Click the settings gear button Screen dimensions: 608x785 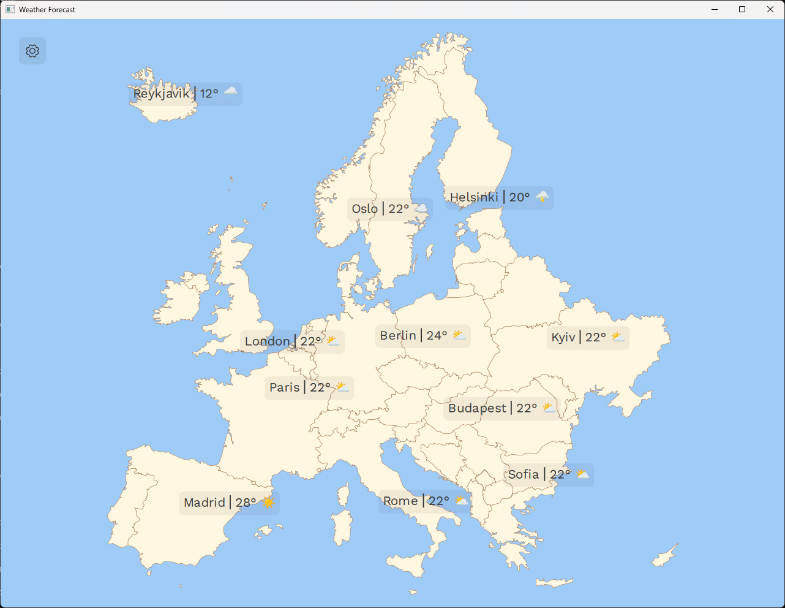click(x=32, y=51)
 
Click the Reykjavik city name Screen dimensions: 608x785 click(x=162, y=94)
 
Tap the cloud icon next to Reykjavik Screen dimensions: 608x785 click(x=230, y=92)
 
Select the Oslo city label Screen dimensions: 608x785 click(x=365, y=209)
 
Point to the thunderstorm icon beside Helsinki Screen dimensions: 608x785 click(x=543, y=197)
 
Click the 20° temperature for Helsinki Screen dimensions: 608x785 click(x=519, y=197)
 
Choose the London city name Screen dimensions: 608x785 click(x=268, y=341)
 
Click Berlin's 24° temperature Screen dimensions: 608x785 click(x=437, y=336)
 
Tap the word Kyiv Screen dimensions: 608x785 click(x=563, y=337)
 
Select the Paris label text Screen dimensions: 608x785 click(x=285, y=387)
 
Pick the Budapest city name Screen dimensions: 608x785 click(x=478, y=408)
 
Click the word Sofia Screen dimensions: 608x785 click(x=524, y=474)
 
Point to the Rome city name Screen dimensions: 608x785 click(x=400, y=501)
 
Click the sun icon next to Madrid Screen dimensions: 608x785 click(x=268, y=503)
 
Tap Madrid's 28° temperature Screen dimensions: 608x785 click(x=246, y=503)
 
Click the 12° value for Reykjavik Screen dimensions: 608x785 click(x=209, y=94)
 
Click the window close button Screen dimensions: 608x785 click(x=770, y=9)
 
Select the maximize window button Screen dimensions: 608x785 click(x=742, y=9)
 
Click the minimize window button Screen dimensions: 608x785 click(x=715, y=9)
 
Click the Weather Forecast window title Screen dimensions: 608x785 click(x=47, y=10)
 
